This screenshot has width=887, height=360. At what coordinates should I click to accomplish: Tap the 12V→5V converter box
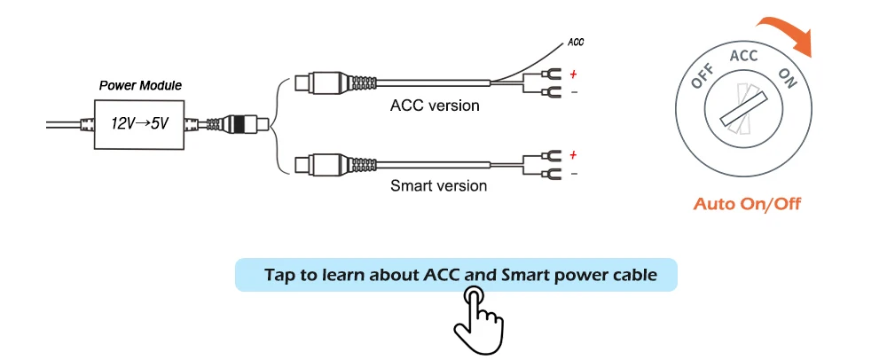point(139,123)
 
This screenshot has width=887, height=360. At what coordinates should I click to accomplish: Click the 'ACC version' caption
point(435,106)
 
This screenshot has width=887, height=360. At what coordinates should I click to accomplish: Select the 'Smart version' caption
point(438,186)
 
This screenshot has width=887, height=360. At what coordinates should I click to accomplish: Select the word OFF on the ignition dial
point(703,80)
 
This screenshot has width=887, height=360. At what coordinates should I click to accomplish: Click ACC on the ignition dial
point(743,56)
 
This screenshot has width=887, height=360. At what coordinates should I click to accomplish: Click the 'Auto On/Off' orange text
point(747,205)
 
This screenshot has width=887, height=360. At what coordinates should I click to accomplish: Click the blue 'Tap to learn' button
point(456,275)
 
